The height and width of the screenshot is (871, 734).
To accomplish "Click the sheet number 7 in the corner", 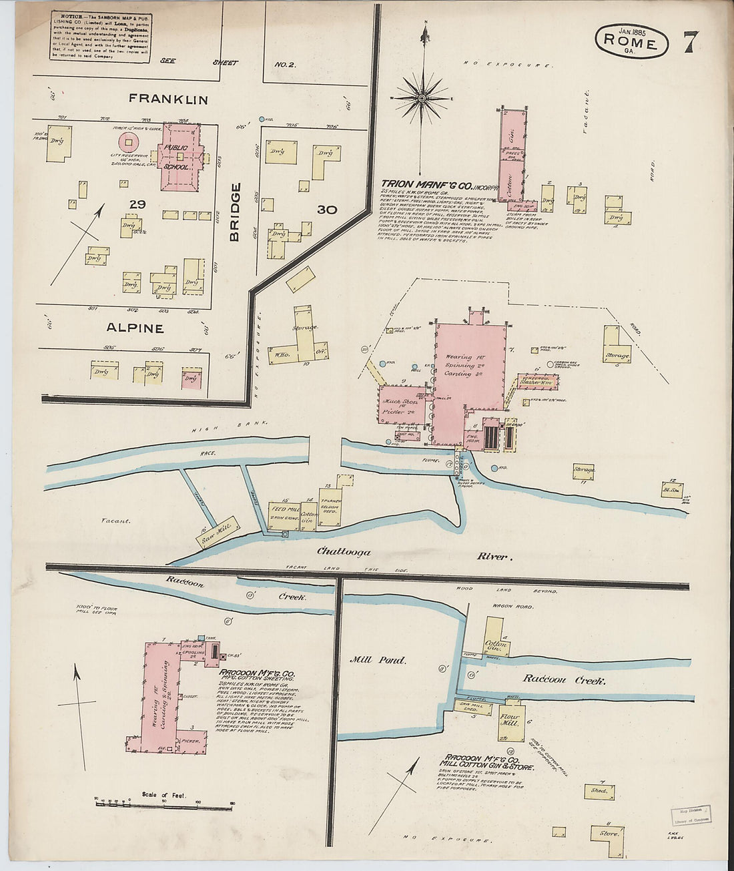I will click(x=691, y=41).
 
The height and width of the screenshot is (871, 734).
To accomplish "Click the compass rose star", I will click(x=423, y=98).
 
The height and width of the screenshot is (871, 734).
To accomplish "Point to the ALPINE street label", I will click(x=135, y=328).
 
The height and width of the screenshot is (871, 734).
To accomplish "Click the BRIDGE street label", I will click(x=236, y=212).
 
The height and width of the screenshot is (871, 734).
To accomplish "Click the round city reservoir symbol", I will click(x=128, y=141).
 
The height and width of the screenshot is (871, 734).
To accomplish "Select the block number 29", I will click(x=137, y=204).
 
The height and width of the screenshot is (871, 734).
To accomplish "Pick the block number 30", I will click(x=326, y=210).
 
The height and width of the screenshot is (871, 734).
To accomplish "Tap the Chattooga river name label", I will click(x=344, y=552).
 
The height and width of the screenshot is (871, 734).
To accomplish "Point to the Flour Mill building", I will click(x=511, y=721).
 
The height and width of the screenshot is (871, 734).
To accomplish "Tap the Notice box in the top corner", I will click(x=100, y=37).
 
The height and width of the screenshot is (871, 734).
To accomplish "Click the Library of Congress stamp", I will click(x=691, y=815).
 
